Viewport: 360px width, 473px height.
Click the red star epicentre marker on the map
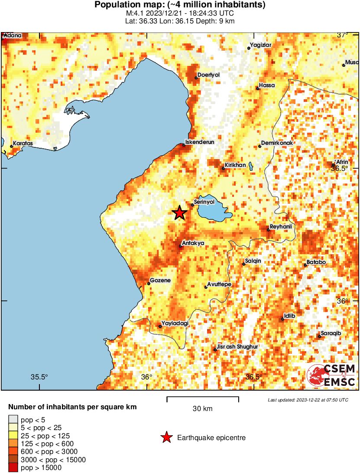pyautogui.click(x=179, y=213)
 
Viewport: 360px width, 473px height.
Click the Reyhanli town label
pyautogui.click(x=281, y=227)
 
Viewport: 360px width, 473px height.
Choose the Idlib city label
pyautogui.click(x=289, y=316)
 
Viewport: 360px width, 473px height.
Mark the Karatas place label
pyautogui.click(x=23, y=143)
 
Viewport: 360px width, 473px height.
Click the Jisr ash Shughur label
pyautogui.click(x=237, y=347)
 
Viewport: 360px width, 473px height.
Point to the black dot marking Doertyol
pyautogui.click(x=196, y=78)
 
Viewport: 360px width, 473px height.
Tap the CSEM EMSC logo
pyautogui.click(x=331, y=375)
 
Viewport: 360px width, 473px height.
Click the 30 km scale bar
pyautogui.click(x=203, y=397)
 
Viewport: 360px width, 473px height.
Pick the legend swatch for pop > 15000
pyautogui.click(x=13, y=467)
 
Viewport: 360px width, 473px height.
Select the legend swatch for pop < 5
pyautogui.click(x=13, y=420)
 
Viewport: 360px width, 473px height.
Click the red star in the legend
pyautogui.click(x=166, y=438)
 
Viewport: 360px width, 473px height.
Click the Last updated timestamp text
pyautogui.click(x=308, y=399)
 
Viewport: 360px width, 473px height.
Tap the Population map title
pyautogui.click(x=180, y=5)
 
